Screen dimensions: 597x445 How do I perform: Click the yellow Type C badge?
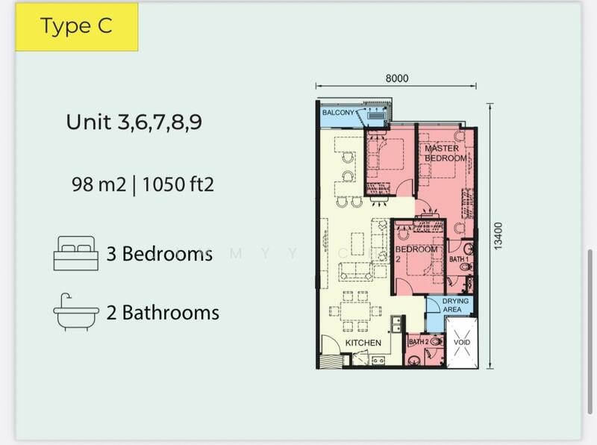[77, 27]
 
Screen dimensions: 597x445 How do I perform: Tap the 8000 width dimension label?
[397, 78]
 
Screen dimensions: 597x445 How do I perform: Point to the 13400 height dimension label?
[498, 236]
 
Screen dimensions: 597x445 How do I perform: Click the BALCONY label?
[338, 113]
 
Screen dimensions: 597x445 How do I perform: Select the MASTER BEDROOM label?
[446, 153]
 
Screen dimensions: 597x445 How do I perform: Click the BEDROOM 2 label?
[416, 254]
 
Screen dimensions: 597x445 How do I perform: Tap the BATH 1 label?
[458, 259]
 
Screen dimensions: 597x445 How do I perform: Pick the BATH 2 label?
[419, 342]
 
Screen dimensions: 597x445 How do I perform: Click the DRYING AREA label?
[455, 305]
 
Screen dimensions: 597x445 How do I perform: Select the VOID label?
[462, 342]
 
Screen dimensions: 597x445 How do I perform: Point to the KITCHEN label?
[363, 343]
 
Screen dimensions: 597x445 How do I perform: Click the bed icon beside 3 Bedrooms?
[76, 253]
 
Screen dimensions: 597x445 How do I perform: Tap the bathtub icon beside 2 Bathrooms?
[76, 312]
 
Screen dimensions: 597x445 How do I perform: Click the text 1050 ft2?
[178, 184]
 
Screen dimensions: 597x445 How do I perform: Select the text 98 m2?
[99, 184]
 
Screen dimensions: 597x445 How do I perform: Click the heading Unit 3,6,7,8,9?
[134, 122]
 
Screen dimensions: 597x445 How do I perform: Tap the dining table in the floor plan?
[355, 311]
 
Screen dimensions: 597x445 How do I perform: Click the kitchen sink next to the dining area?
[396, 324]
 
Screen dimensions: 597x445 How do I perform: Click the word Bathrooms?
[171, 312]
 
